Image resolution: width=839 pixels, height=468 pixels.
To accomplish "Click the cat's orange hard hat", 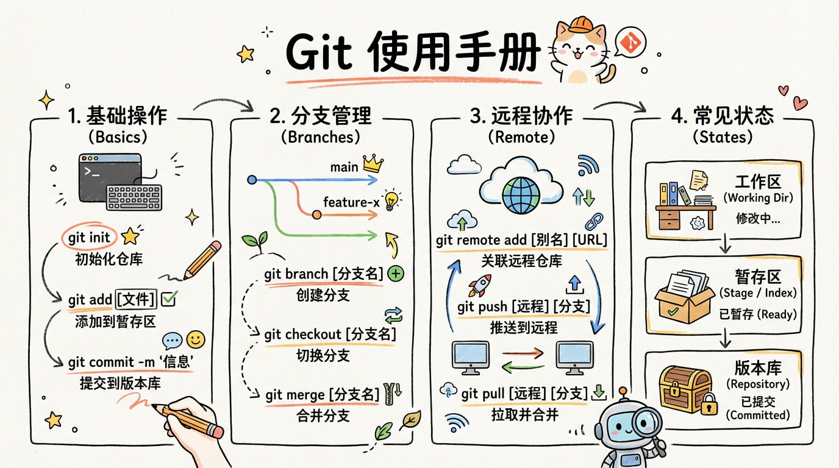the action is pos(581,25).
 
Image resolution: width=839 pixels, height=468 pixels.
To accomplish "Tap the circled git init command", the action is pos(89,237).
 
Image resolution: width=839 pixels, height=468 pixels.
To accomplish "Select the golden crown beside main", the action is pos(373,163).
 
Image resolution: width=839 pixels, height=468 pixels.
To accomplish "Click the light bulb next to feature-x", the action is pos(391,200).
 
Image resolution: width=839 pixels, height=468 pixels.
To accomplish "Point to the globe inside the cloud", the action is pos(521,195).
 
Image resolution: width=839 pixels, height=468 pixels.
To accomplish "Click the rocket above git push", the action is pos(479,285).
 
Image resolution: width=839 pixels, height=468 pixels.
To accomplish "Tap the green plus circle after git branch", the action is pos(396,274).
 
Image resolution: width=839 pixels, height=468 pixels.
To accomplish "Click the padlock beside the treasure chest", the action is pos(709,404).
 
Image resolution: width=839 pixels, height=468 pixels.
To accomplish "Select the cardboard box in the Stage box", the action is pos(684,297).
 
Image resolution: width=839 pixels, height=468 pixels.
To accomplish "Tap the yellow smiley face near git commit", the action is pos(196,339).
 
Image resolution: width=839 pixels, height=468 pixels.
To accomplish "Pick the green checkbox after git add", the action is pos(169,299).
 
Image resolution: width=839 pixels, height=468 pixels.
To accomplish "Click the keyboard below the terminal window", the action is pos(134,197).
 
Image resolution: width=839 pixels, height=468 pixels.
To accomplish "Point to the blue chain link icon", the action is pos(594,222).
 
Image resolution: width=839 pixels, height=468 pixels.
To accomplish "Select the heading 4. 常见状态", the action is pos(723,115).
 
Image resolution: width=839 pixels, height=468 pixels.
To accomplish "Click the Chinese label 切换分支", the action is pos(323,355).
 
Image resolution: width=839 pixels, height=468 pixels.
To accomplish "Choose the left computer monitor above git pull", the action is pos(471,358).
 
